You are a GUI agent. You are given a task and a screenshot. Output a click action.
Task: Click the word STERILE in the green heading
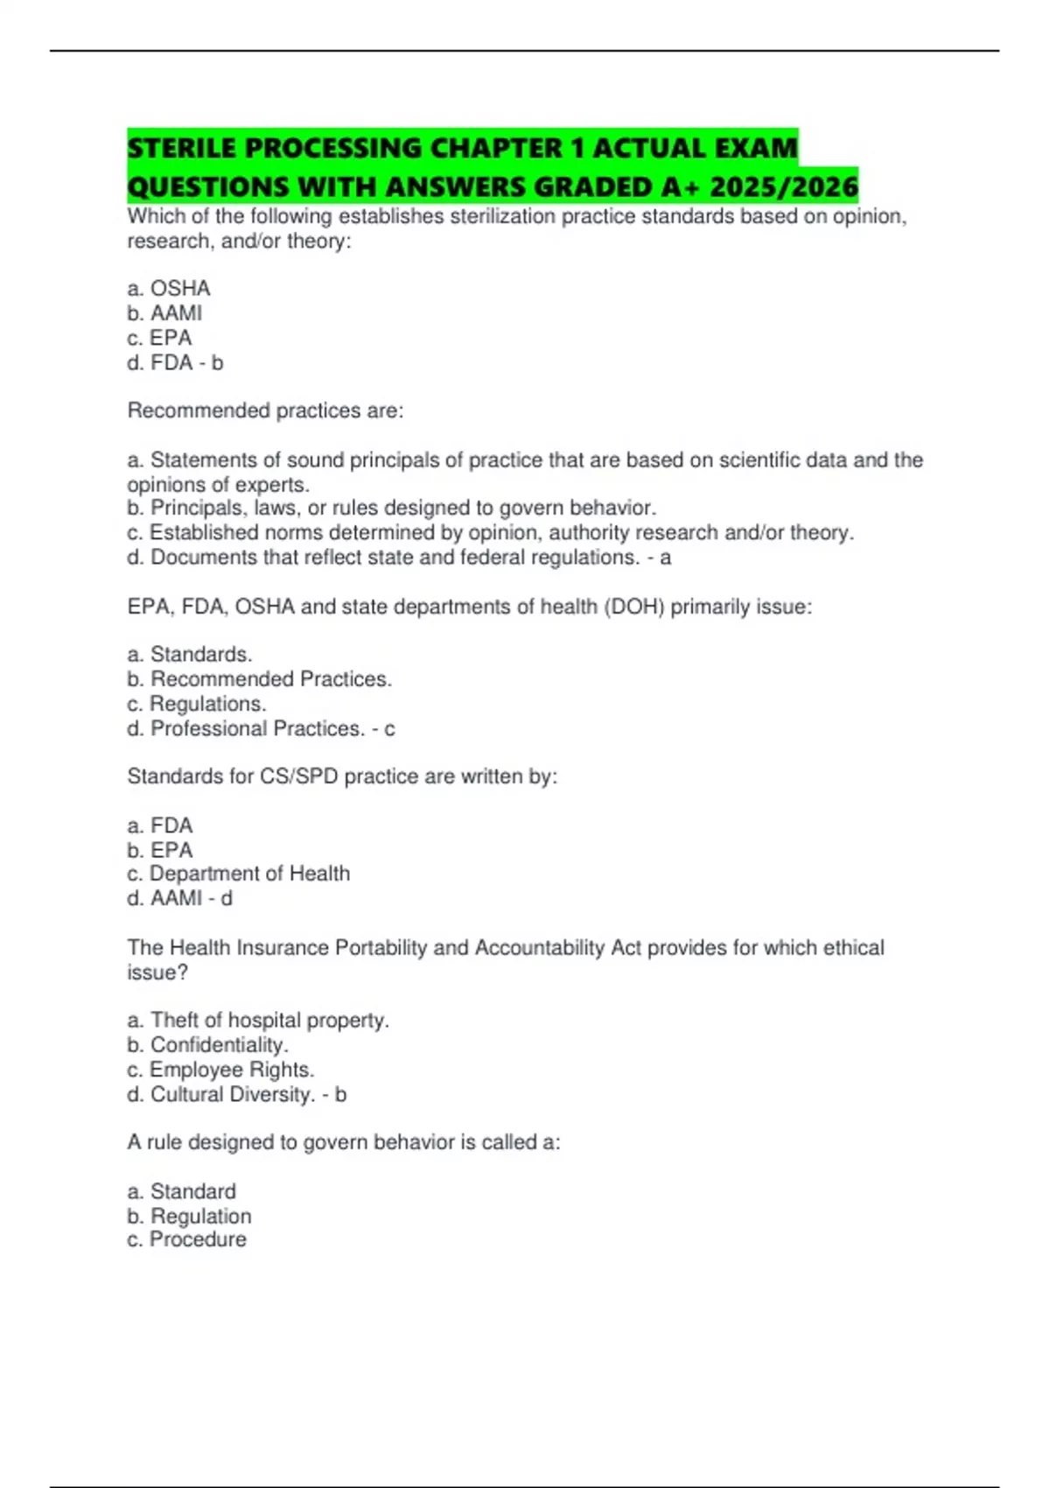click(183, 148)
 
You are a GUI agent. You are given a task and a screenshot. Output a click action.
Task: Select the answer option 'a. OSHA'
click(169, 288)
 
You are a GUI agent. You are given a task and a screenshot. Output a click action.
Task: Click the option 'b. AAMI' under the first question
click(164, 312)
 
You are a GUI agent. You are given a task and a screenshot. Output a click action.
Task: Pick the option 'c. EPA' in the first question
click(159, 337)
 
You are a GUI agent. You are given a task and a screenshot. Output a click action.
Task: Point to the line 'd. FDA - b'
click(175, 362)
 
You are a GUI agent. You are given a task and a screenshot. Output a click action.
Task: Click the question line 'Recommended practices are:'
click(265, 411)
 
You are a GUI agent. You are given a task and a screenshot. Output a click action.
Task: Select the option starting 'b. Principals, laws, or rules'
click(391, 508)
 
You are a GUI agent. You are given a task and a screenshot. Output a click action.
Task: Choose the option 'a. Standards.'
click(190, 654)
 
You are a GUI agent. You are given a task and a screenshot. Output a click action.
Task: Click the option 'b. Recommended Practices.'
click(259, 678)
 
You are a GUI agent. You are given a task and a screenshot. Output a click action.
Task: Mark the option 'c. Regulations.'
click(197, 703)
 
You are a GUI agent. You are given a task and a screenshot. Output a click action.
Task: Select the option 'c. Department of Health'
click(238, 873)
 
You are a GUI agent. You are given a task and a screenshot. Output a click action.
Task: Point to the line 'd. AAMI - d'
click(179, 898)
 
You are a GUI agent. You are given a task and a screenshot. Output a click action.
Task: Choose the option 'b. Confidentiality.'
click(207, 1044)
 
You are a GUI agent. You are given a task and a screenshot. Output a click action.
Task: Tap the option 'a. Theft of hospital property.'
click(258, 1020)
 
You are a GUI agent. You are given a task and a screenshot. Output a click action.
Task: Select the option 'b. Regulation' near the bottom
click(189, 1216)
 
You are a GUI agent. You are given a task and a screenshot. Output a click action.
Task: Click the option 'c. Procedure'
click(186, 1239)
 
